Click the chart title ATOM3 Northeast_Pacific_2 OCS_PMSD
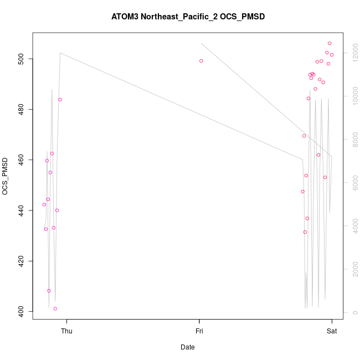(x=188, y=17)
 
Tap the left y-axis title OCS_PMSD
(x=6, y=176)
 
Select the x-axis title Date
(x=188, y=347)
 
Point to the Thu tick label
(x=66, y=331)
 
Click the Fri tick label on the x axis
(x=199, y=331)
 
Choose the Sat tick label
(x=332, y=331)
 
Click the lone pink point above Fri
(x=201, y=61)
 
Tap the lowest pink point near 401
(x=55, y=308)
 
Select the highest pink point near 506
(x=330, y=43)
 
